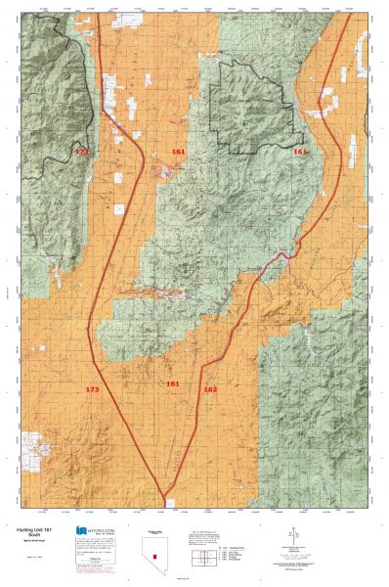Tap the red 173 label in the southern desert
pyautogui.click(x=92, y=389)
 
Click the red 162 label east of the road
pyautogui.click(x=210, y=389)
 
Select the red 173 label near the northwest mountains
pyautogui.click(x=81, y=154)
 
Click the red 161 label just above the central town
pyautogui.click(x=178, y=152)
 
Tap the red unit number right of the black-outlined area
pyautogui.click(x=300, y=153)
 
